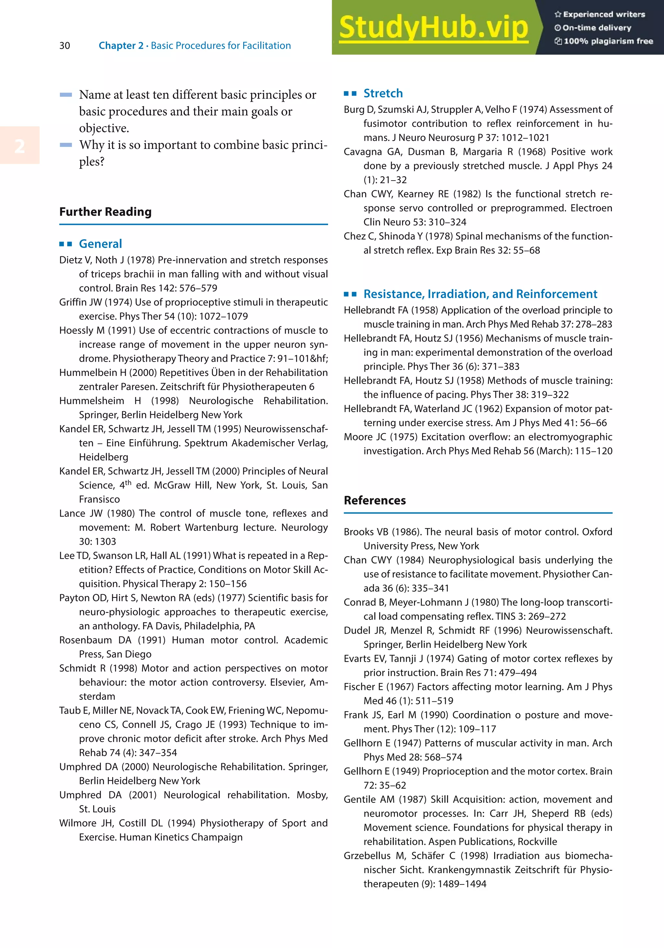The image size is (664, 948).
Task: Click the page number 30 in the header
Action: point(65,45)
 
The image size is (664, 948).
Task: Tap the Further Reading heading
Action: point(105,212)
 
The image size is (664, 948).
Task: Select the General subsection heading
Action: point(100,244)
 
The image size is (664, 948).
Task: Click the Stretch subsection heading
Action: point(383,93)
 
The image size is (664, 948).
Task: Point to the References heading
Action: point(374,500)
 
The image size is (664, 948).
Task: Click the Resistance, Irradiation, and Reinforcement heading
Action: point(480,294)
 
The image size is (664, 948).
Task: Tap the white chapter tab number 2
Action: point(19,146)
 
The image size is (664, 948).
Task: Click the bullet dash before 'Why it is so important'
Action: point(66,145)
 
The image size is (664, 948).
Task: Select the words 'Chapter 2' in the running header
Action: point(121,45)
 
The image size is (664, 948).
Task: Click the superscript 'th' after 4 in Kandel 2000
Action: point(128,482)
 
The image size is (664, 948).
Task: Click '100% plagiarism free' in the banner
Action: point(608,41)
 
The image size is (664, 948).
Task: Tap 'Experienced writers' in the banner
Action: point(603,15)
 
